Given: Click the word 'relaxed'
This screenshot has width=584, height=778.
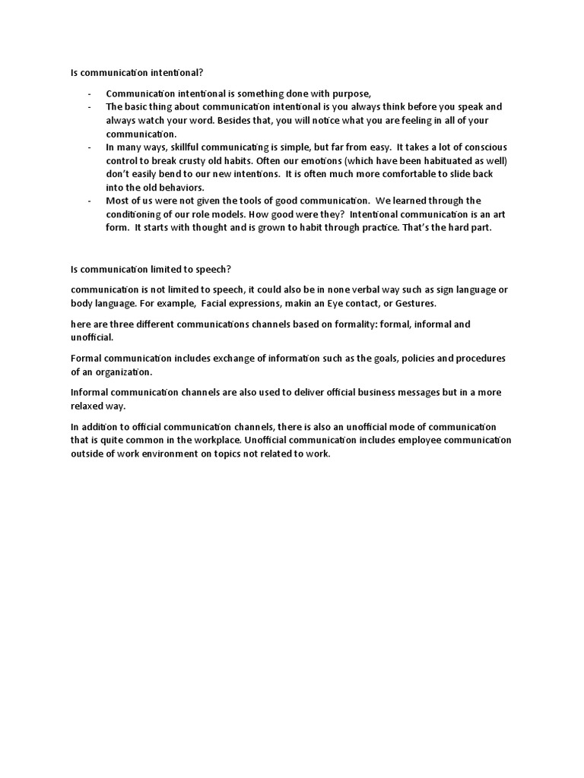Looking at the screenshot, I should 86,406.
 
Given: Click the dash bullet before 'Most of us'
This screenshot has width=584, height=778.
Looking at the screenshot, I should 90,201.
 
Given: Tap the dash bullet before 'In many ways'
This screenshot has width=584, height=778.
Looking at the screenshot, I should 90,147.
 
